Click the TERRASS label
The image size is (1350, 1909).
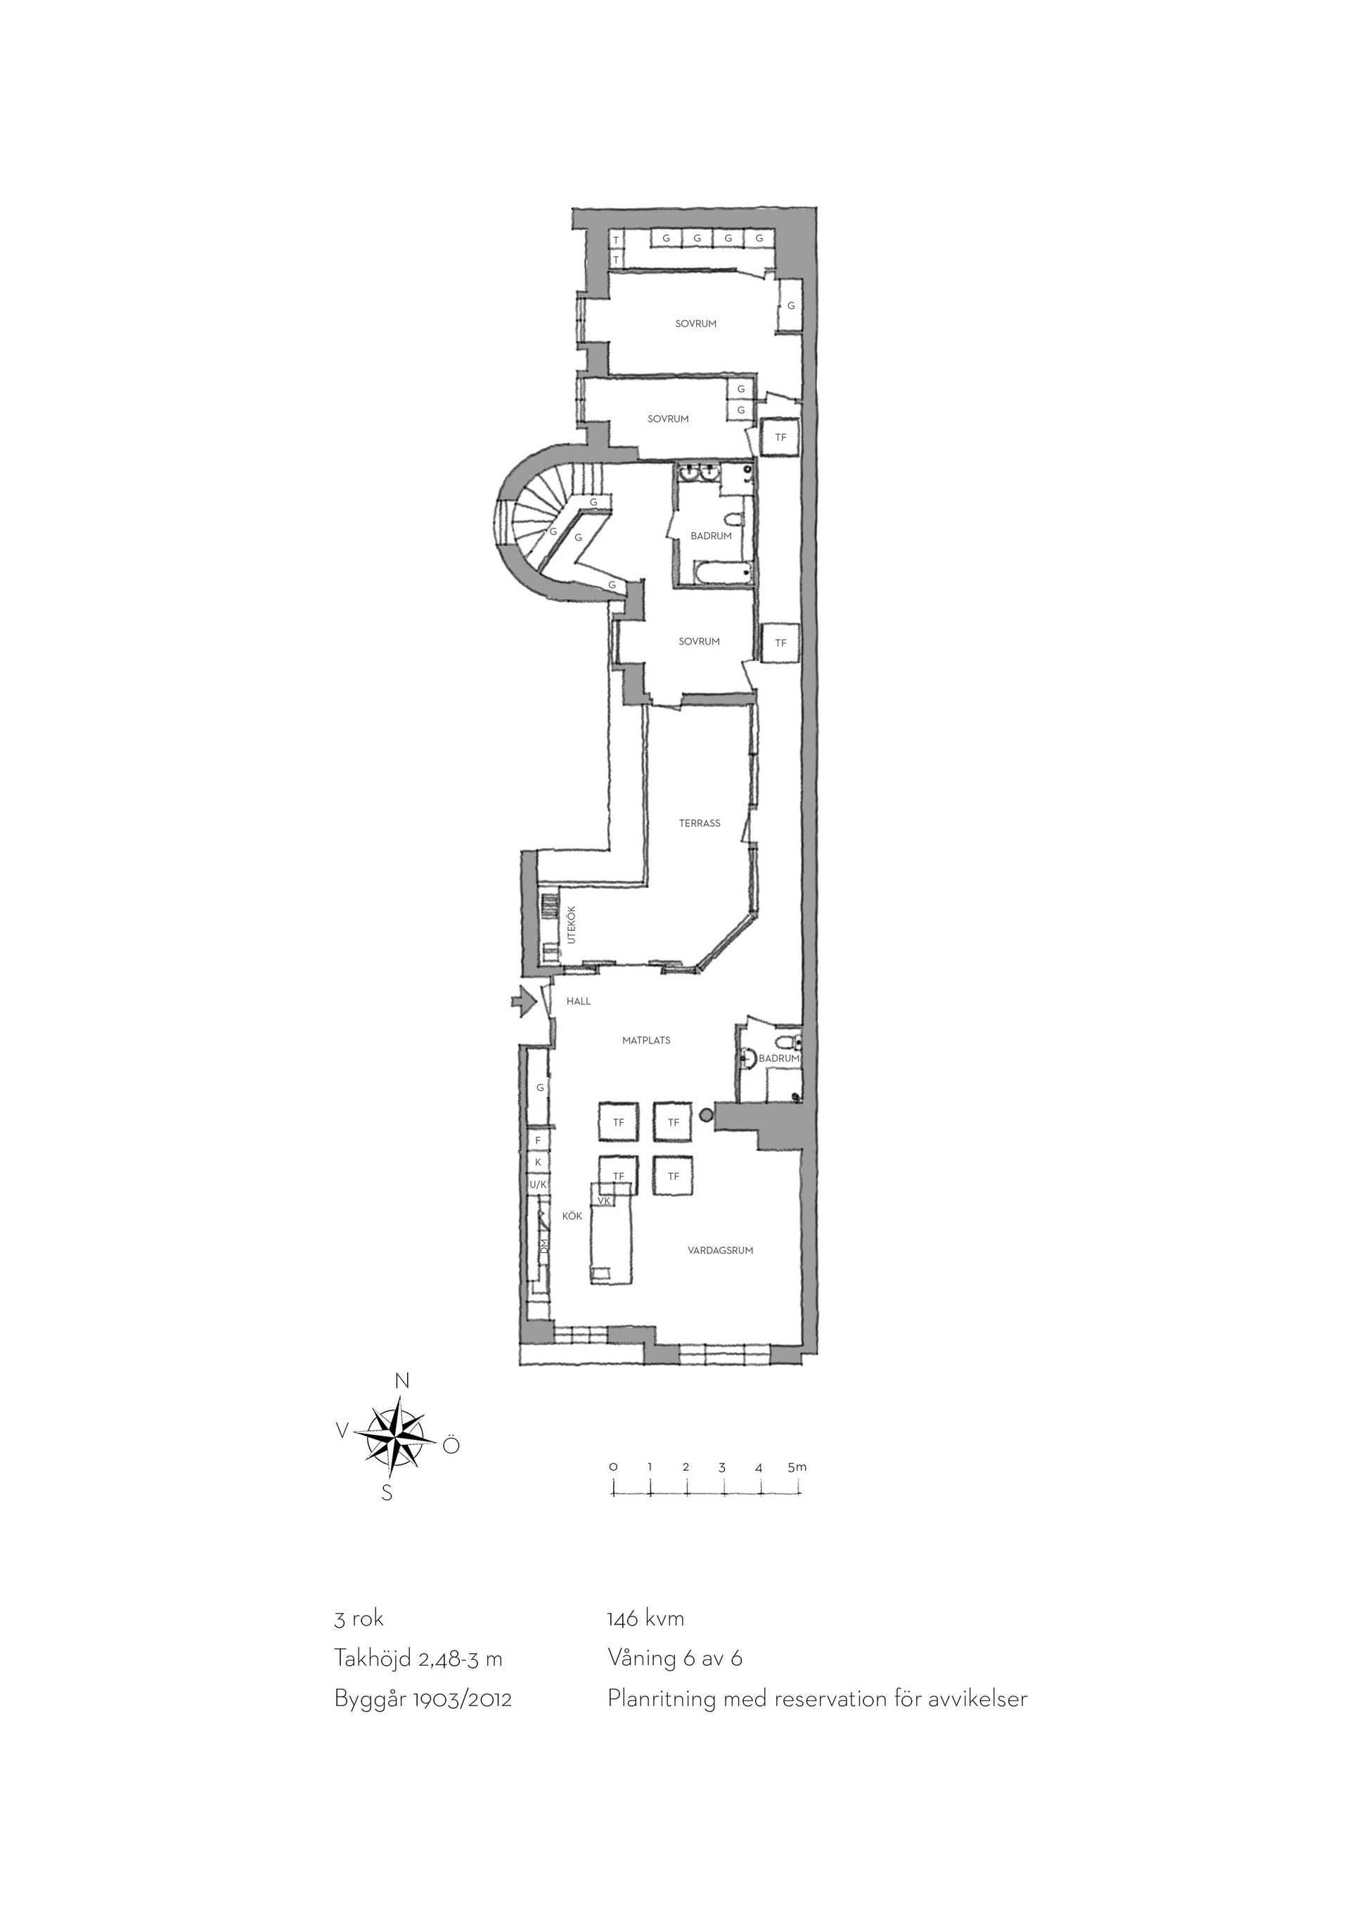point(699,823)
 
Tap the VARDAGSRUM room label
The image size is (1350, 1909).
point(720,1250)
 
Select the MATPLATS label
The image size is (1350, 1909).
point(646,1040)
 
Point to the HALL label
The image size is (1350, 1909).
point(579,1001)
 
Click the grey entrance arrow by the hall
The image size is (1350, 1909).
point(523,1002)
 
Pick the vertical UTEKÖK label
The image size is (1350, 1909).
point(570,924)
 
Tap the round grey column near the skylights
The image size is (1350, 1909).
point(707,1114)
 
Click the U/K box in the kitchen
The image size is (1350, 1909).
point(538,1184)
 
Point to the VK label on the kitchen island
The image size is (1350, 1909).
point(605,1202)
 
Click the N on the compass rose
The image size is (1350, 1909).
point(402,1381)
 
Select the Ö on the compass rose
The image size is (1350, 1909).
point(450,1445)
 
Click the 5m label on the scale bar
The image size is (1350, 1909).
point(797,1467)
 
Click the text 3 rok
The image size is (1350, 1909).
point(359,1619)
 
